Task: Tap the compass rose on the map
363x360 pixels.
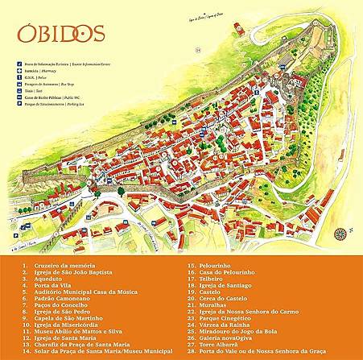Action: coord(340,234)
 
